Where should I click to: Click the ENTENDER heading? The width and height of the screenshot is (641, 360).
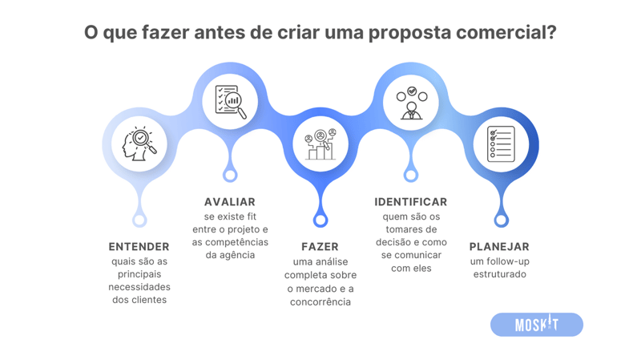pyautogui.click(x=139, y=247)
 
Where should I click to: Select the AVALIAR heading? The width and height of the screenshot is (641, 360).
pyautogui.click(x=230, y=202)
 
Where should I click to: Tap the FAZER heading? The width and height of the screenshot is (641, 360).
pyautogui.click(x=320, y=247)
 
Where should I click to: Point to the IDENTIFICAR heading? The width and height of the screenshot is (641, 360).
pyautogui.click(x=410, y=202)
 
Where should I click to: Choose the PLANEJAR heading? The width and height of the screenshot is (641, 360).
pyautogui.click(x=499, y=247)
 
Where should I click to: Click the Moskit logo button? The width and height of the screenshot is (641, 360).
pyautogui.click(x=536, y=325)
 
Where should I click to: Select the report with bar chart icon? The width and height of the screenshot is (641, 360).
pyautogui.click(x=230, y=101)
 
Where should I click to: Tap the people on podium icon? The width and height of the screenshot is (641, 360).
pyautogui.click(x=320, y=144)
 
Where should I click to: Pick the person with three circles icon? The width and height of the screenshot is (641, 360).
pyautogui.click(x=411, y=102)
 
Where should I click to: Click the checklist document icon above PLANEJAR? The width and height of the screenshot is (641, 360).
pyautogui.click(x=501, y=144)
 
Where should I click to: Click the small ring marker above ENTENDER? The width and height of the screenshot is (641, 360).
pyautogui.click(x=139, y=220)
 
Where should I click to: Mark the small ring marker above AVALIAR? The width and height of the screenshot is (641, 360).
pyautogui.click(x=230, y=175)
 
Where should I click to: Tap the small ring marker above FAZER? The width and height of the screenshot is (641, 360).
pyautogui.click(x=320, y=220)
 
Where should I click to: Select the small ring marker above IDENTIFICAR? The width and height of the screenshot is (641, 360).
pyautogui.click(x=411, y=175)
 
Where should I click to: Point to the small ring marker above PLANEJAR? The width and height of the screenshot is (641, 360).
pyautogui.click(x=501, y=220)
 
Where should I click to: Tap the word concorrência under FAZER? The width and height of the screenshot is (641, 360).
pyautogui.click(x=320, y=302)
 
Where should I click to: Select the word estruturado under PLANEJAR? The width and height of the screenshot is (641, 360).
pyautogui.click(x=499, y=275)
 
